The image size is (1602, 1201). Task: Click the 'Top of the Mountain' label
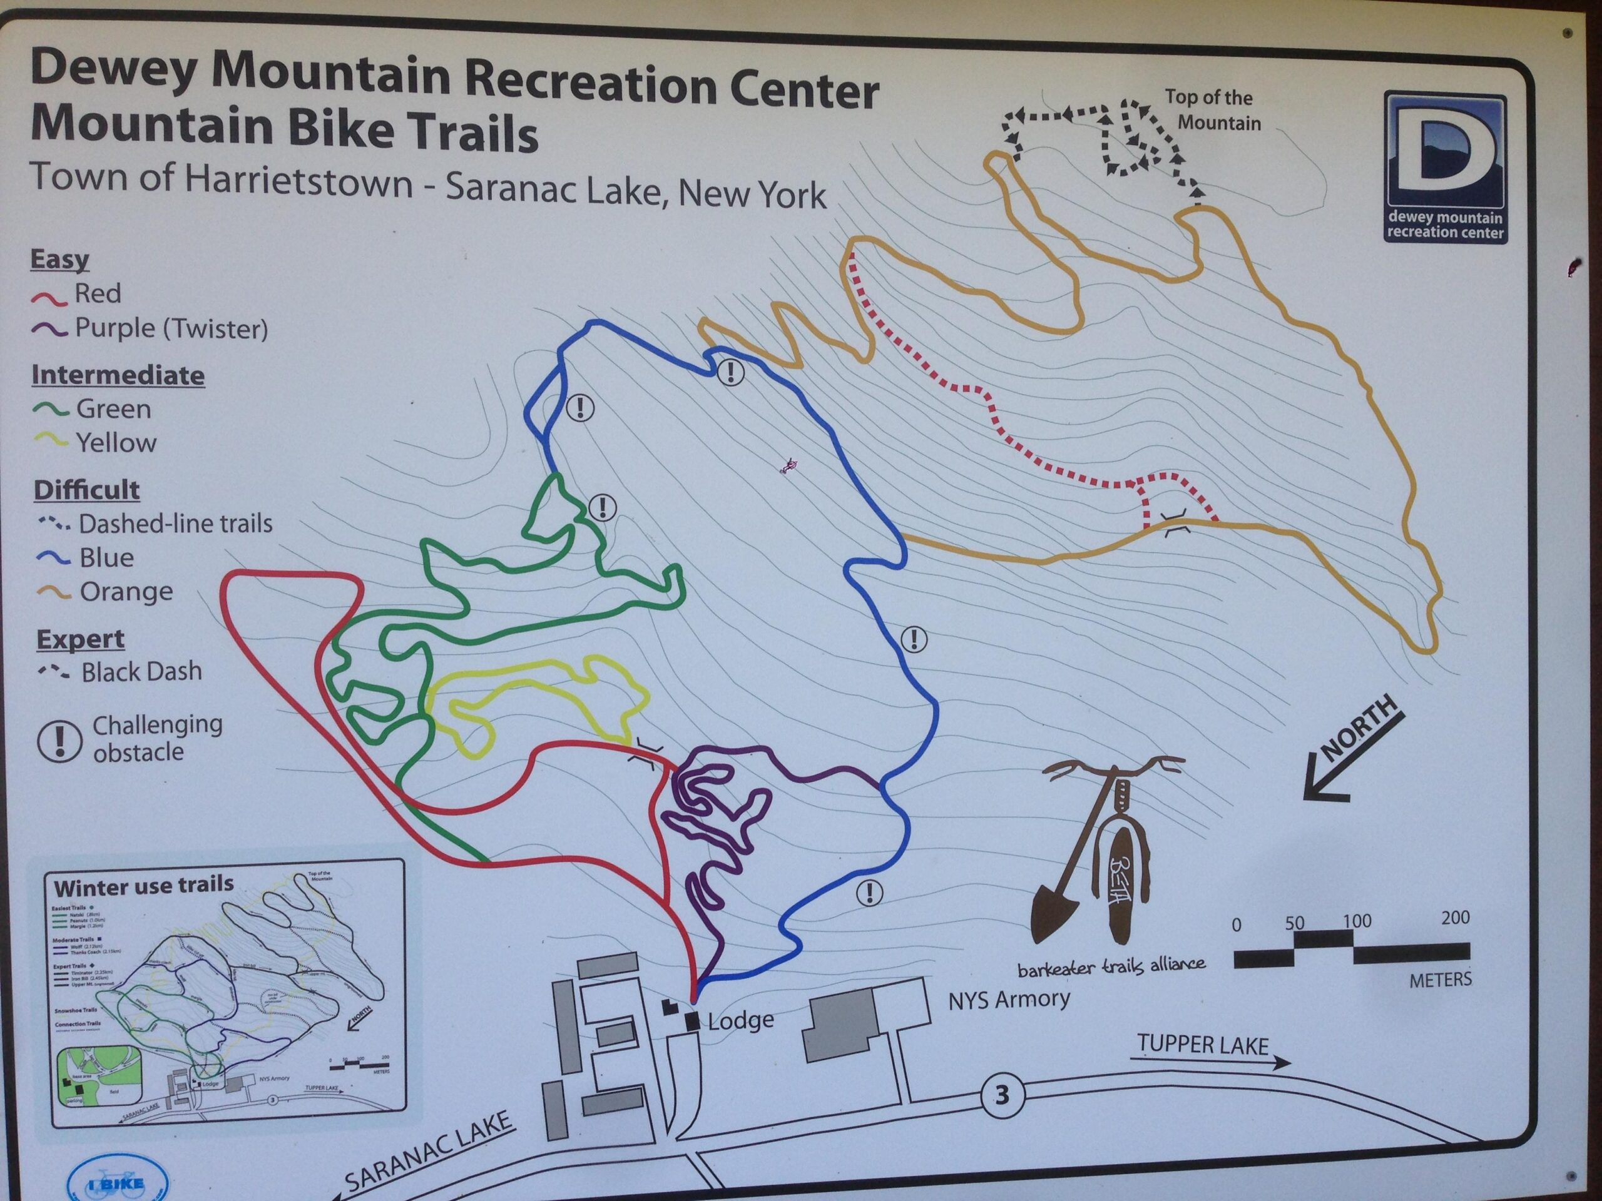[1214, 110]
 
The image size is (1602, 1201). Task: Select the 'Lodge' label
[740, 1021]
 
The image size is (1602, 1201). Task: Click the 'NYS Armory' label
[1009, 1000]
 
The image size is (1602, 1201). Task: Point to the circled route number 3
[1002, 1095]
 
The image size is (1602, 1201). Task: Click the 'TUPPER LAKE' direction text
[1202, 1045]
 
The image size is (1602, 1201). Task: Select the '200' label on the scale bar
[1455, 918]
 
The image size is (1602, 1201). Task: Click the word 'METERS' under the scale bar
[1440, 980]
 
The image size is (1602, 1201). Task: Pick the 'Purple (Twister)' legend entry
[171, 328]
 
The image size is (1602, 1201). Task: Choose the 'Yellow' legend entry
[116, 442]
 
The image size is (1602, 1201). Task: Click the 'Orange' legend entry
[126, 592]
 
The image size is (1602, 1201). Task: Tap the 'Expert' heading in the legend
[80, 639]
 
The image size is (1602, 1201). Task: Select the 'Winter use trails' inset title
[144, 885]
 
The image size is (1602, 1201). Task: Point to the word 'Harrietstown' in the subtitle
[299, 181]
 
